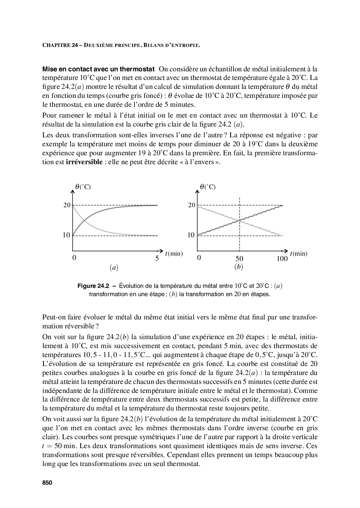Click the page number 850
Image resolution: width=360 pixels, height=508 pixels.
click(47, 483)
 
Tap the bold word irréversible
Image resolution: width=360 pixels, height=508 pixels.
click(84, 162)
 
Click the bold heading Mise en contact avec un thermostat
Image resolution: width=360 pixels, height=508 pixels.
click(98, 68)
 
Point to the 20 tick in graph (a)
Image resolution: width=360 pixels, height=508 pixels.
click(67, 205)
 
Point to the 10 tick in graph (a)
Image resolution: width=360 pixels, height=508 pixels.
click(66, 236)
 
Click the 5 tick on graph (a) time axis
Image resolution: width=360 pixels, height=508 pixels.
click(157, 258)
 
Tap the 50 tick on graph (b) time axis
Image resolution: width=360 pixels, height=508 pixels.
click(239, 258)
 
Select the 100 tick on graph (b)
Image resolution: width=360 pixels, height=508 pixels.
click(282, 258)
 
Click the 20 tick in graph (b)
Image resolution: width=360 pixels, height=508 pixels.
click(192, 205)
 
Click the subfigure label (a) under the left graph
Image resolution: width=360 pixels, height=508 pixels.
click(114, 267)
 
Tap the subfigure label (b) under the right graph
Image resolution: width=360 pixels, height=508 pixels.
click(238, 267)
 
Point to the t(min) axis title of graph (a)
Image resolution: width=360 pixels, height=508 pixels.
click(174, 254)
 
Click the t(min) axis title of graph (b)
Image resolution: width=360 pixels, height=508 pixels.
click(299, 254)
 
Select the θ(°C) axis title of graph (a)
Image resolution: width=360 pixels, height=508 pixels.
click(83, 187)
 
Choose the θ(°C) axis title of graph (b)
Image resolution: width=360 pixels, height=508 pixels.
click(208, 187)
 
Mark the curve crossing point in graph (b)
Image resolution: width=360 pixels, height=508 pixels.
click(240, 220)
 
